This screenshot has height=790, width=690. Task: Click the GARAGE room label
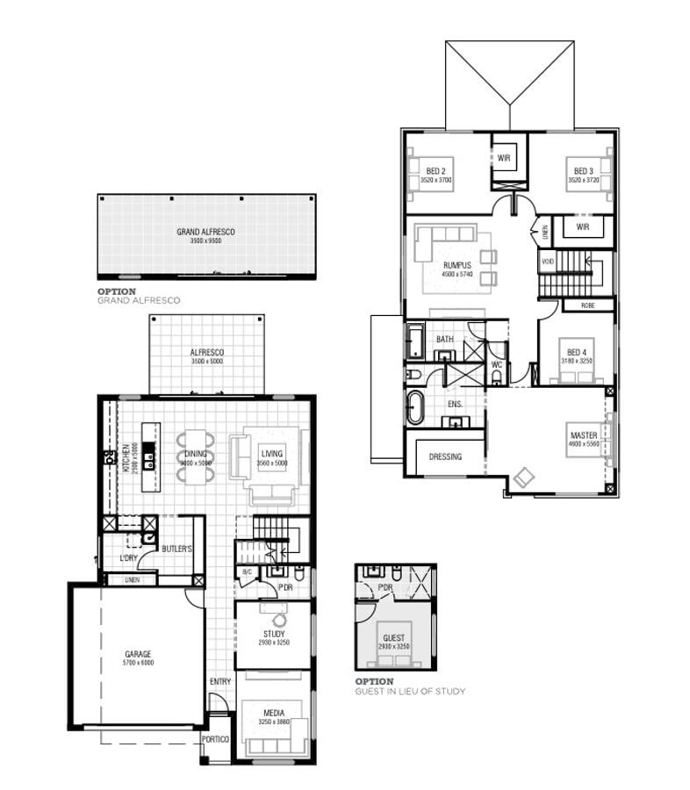click(138, 654)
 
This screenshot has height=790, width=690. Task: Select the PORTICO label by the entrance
click(215, 739)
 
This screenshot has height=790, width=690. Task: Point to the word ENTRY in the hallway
click(219, 682)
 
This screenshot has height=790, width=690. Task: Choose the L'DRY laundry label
click(118, 558)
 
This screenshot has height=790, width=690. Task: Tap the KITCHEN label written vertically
click(126, 456)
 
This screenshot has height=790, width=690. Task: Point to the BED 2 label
click(435, 170)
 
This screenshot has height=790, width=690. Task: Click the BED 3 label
click(584, 170)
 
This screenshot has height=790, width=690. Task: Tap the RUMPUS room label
click(457, 264)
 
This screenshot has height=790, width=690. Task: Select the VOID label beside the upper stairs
click(548, 262)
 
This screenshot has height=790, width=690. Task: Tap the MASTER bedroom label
click(584, 435)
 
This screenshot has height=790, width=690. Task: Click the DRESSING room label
click(445, 456)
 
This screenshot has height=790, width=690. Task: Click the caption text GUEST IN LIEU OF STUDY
click(410, 692)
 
